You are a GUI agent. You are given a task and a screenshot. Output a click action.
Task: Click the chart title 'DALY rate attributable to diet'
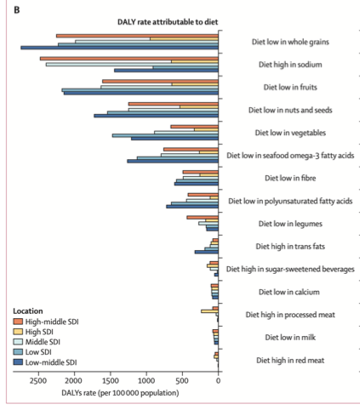(168, 22)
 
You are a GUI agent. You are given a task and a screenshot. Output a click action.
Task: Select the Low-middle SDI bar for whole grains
(119, 48)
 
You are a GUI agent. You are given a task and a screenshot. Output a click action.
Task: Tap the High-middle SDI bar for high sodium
(129, 59)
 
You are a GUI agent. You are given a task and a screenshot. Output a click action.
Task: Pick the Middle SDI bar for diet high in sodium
(132, 65)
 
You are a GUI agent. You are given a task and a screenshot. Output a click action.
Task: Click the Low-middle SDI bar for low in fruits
(141, 93)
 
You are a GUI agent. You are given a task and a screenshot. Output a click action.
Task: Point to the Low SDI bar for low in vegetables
(165, 135)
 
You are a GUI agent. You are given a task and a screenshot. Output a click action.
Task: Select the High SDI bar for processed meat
(209, 311)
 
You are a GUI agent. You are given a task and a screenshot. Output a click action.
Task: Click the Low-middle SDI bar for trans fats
(207, 252)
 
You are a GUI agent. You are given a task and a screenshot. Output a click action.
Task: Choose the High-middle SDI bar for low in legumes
(203, 218)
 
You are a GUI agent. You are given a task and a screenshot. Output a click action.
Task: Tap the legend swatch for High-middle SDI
(18, 322)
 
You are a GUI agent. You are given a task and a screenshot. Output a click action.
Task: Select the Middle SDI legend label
(43, 342)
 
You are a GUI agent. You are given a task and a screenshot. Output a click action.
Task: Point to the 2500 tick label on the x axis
(38, 380)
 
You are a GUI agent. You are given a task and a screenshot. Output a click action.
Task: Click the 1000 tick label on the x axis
(146, 380)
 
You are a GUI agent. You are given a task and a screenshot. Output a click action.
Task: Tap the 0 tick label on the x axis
(218, 380)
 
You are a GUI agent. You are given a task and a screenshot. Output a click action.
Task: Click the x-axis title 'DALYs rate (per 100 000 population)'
(120, 393)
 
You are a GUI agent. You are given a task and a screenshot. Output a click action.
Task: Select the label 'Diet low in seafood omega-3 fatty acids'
(290, 156)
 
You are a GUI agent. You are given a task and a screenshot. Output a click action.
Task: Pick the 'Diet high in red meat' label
(290, 360)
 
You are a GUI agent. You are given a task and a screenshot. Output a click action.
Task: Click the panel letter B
(17, 10)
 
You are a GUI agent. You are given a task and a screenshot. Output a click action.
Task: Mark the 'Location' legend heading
(28, 311)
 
